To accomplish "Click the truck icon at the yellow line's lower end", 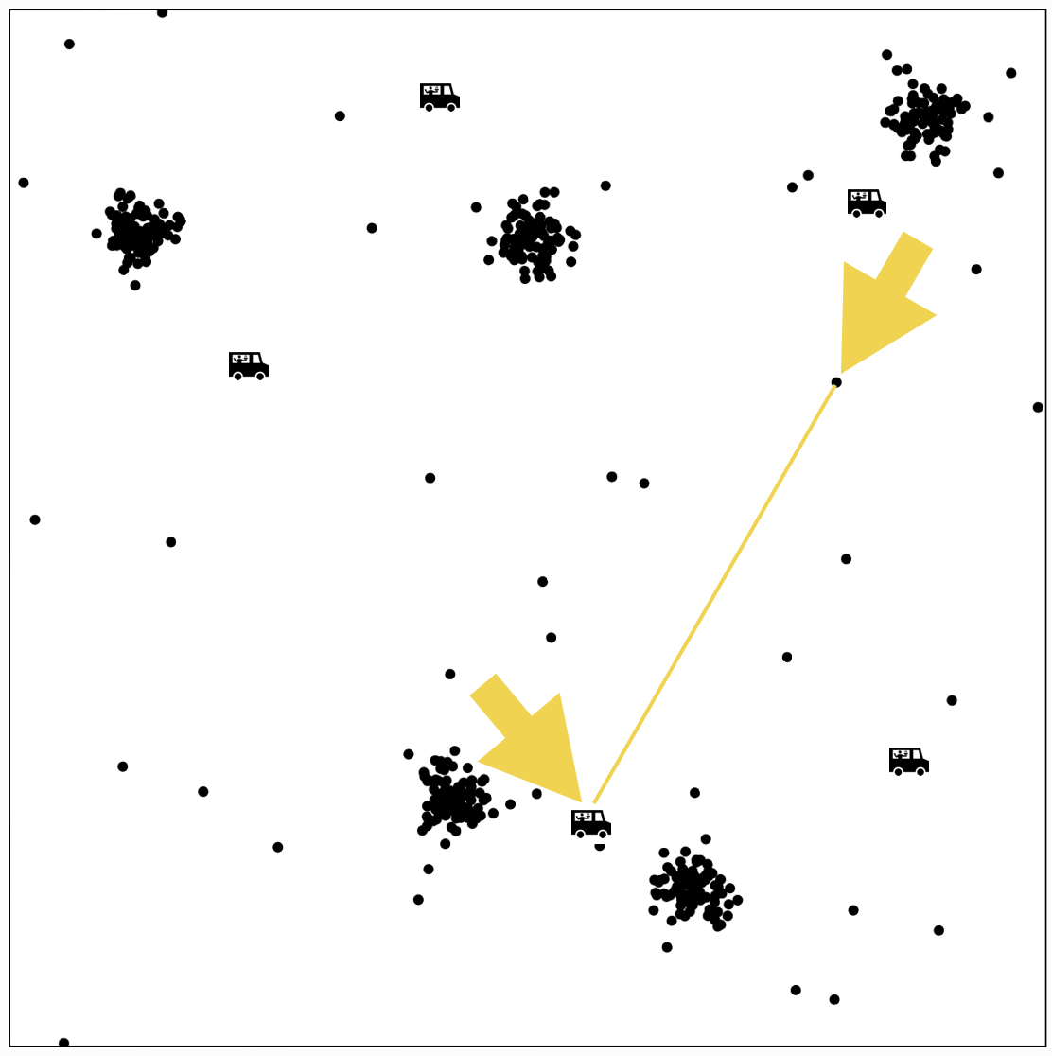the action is [590, 824].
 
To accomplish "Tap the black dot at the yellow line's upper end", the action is [836, 382].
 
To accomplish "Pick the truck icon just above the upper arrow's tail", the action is [867, 203].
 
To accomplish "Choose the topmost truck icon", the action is [440, 97].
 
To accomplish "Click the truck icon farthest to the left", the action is [249, 365].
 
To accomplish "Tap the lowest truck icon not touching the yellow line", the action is [909, 762].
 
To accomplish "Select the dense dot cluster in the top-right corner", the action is [924, 116].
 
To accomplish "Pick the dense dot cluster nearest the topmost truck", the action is [532, 237].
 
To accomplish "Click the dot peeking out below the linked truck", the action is [600, 846].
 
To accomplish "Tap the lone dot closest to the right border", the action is [1038, 408].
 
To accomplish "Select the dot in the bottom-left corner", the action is [63, 1043].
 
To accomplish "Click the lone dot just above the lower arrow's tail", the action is [450, 675].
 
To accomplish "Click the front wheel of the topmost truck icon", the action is [452, 107].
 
